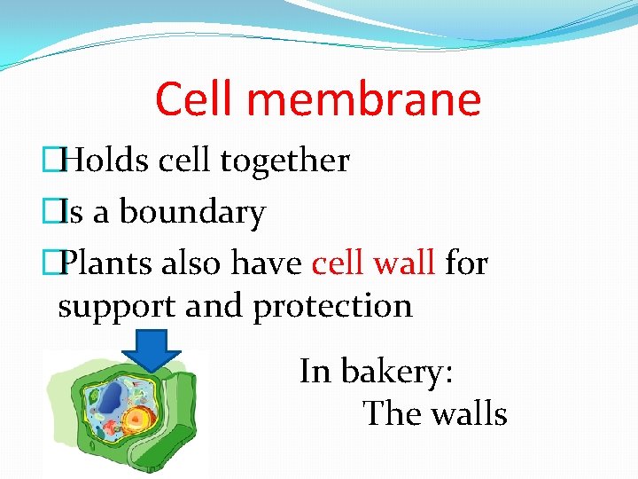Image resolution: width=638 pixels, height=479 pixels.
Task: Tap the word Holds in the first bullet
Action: coord(105,161)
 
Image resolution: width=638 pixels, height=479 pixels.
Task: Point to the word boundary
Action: coord(192,214)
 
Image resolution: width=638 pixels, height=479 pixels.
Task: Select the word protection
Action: coord(333,306)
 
